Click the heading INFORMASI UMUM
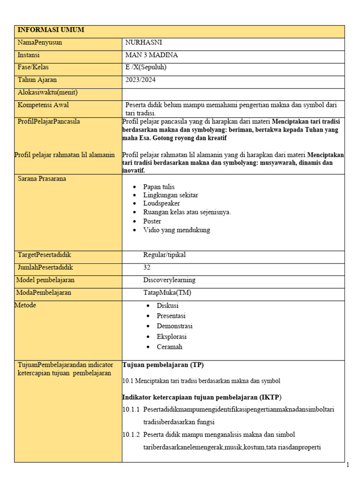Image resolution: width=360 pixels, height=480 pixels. [51, 30]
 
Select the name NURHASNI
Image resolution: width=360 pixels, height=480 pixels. [143, 43]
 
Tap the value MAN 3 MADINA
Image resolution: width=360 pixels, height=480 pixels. [151, 55]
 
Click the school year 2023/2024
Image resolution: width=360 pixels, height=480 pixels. [141, 80]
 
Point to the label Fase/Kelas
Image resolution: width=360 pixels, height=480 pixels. [33, 67]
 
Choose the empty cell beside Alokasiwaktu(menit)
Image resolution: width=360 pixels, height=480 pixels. [233, 93]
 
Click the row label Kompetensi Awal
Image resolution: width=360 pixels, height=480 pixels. [43, 105]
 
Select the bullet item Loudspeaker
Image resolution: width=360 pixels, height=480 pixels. [161, 203]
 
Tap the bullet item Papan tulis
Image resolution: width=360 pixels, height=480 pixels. [159, 187]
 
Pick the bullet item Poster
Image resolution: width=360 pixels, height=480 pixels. [152, 221]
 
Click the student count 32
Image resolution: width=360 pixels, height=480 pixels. [147, 268]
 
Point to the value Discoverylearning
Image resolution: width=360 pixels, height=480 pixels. [169, 280]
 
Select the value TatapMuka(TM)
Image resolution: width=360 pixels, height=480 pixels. [167, 292]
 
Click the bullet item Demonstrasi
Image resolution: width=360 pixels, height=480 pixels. [174, 326]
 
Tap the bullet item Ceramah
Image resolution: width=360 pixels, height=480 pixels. [169, 347]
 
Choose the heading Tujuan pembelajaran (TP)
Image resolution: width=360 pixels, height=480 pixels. [163, 365]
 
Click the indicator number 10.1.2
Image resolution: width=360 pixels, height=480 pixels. [131, 434]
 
